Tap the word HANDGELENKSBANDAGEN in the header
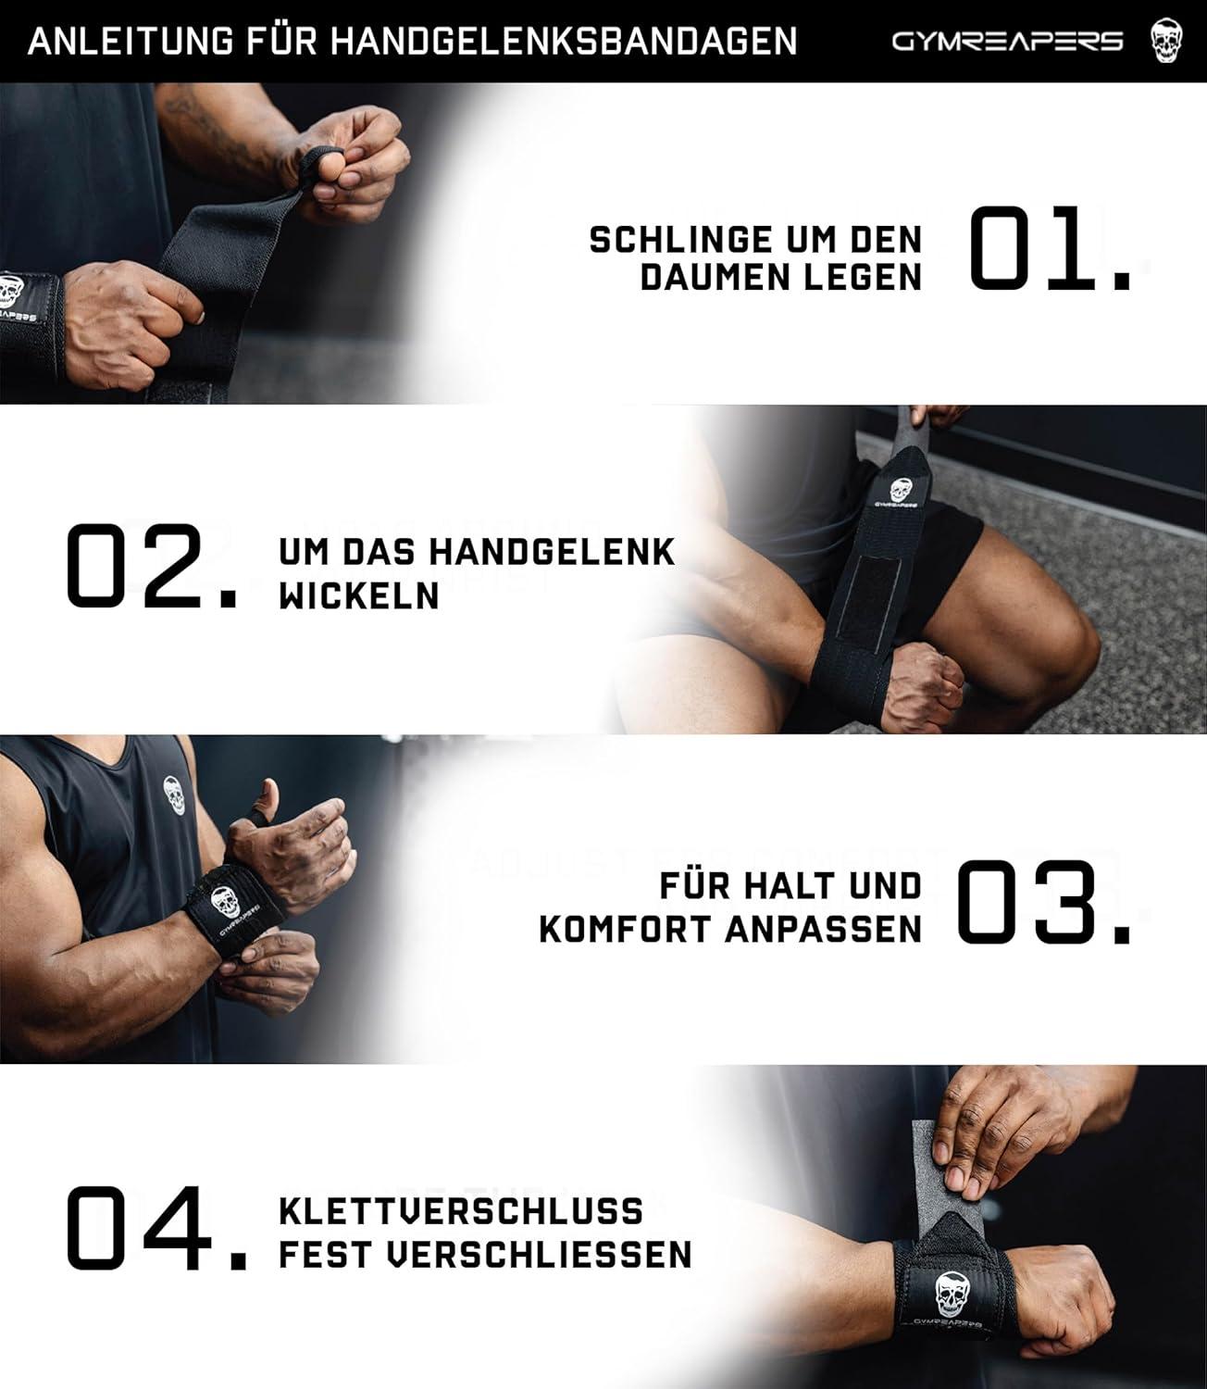pos(564,42)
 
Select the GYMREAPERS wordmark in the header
pos(1008,42)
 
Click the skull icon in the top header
pos(1169,42)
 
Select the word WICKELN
pos(359,596)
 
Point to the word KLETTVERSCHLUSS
pos(461,1211)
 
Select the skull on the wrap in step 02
pos(899,491)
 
